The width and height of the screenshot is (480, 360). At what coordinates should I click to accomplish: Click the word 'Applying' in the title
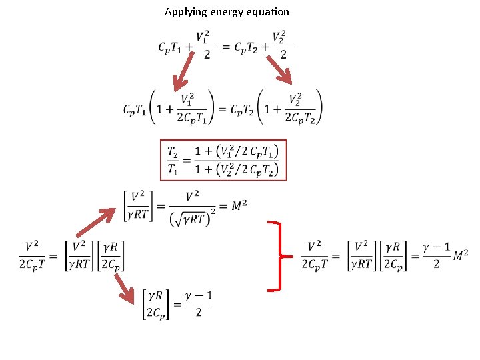tap(185, 12)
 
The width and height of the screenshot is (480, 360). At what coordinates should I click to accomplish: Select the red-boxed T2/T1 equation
tap(223, 159)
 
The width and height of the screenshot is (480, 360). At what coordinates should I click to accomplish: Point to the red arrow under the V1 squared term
tap(183, 71)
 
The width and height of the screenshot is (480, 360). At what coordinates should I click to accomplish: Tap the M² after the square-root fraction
tap(239, 206)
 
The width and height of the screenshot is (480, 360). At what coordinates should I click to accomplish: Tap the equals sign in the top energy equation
tap(225, 47)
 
